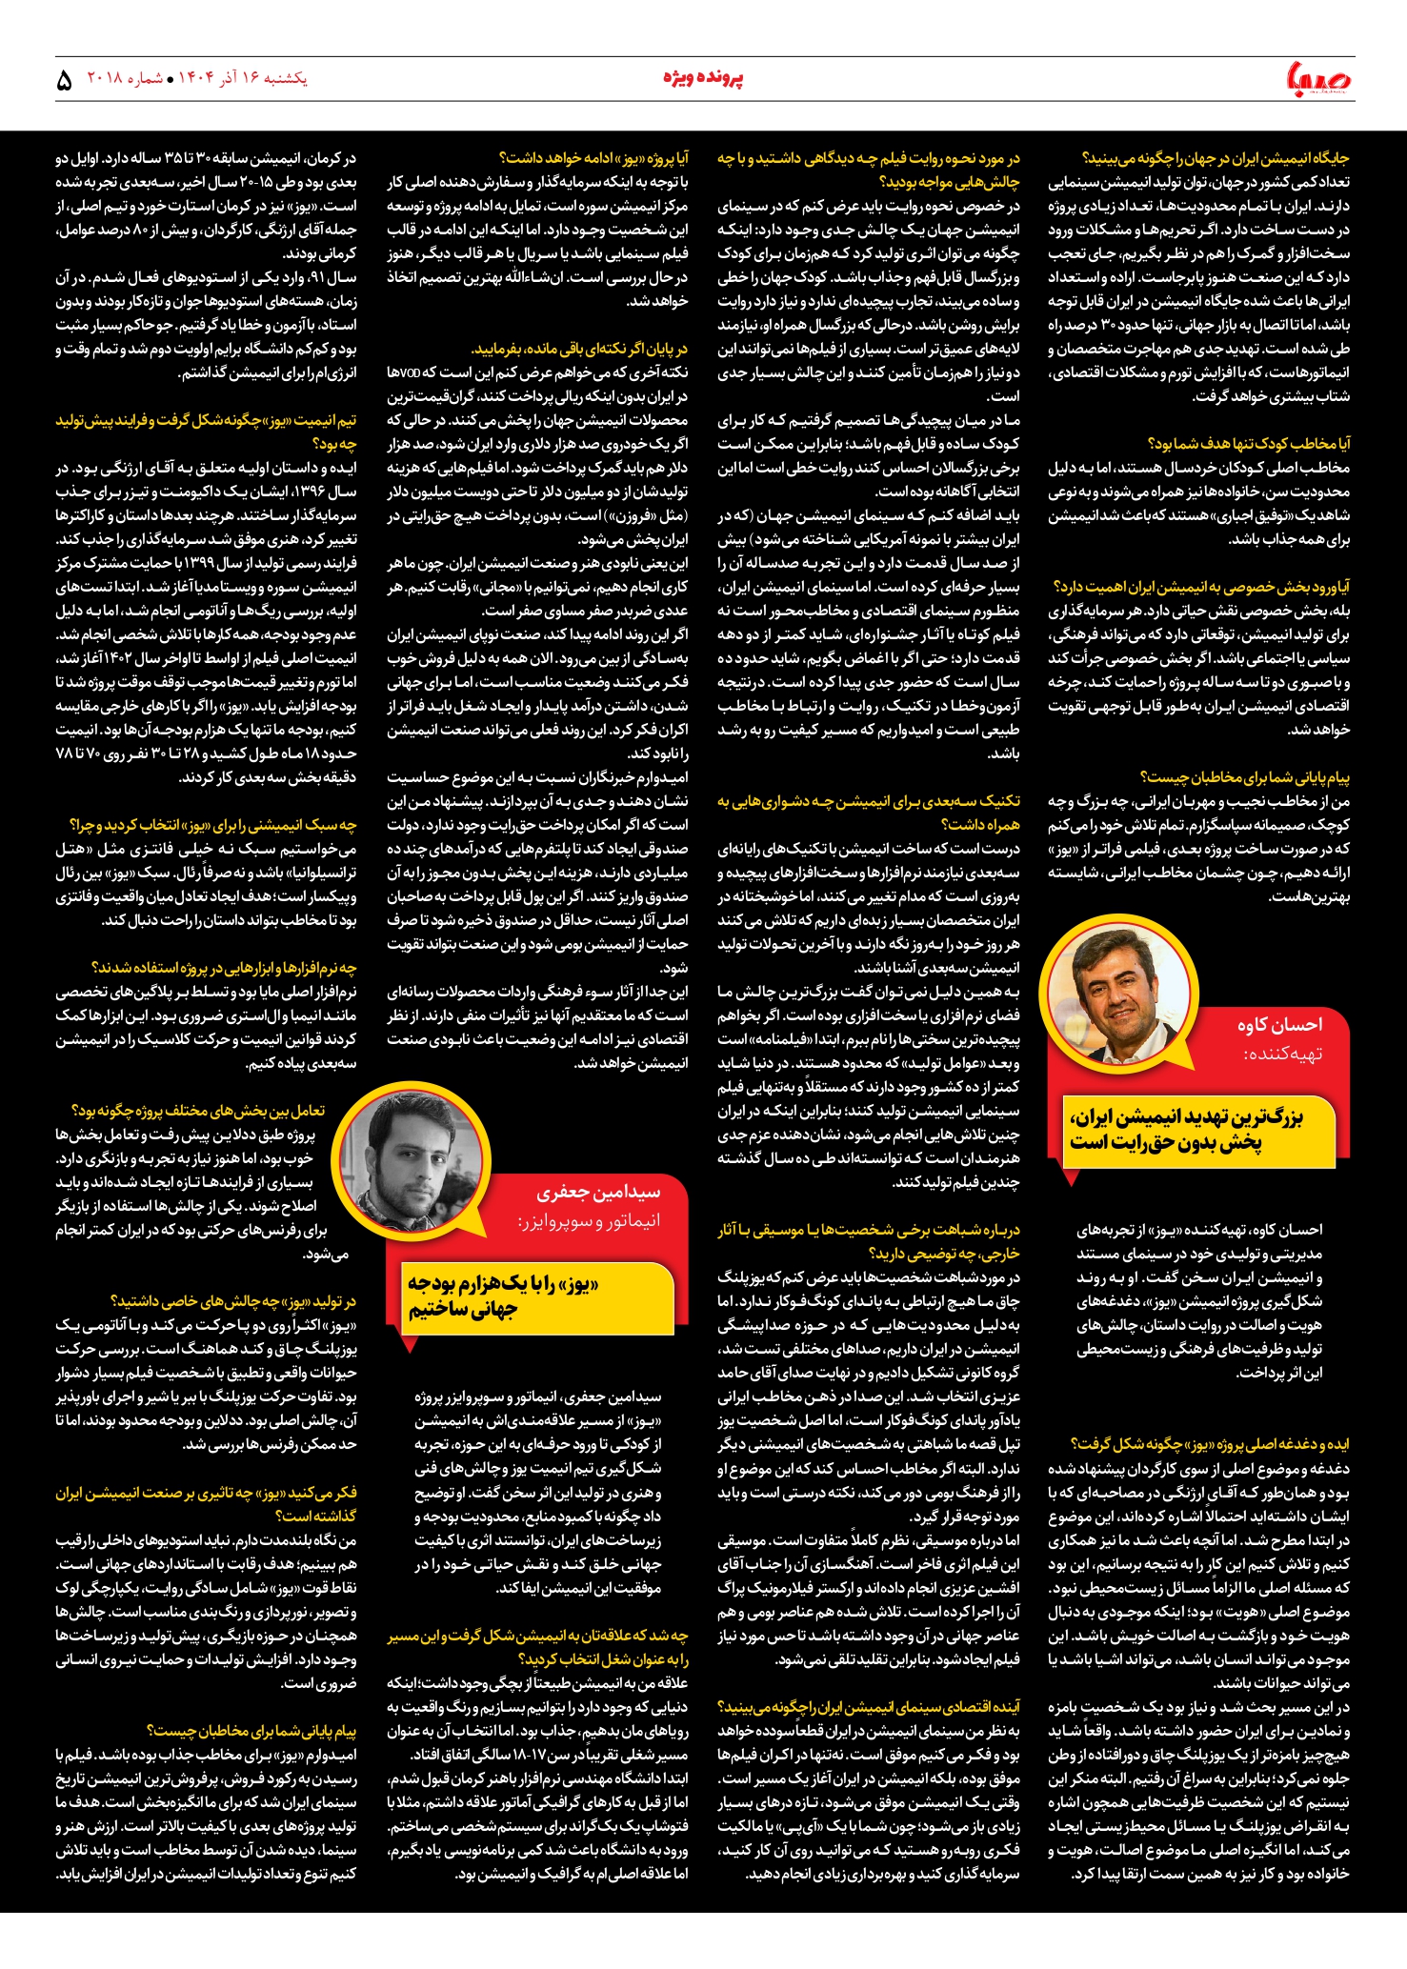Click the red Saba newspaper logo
tap(1318, 78)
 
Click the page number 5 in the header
tap(64, 80)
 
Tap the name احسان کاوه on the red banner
tap(1279, 1025)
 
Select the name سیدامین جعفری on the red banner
tap(597, 1192)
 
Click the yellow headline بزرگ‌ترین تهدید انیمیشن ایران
tap(1186, 1129)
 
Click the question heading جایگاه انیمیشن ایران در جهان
tap(1215, 158)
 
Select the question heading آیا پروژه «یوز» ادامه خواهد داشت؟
tap(593, 158)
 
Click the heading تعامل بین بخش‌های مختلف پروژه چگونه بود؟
tap(198, 1111)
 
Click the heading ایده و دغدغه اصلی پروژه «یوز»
tap(1209, 1444)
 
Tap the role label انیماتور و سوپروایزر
tap(589, 1220)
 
